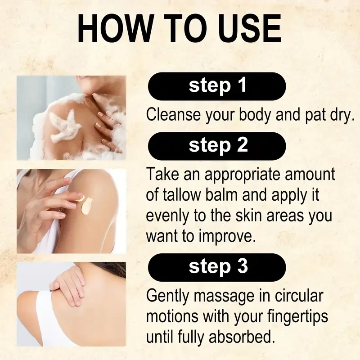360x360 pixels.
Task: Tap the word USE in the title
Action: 250,28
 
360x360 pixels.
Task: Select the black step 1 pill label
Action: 217,86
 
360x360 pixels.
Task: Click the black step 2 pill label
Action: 217,146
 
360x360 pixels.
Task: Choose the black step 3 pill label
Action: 217,267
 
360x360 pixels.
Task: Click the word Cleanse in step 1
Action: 173,114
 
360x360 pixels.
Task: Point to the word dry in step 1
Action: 341,115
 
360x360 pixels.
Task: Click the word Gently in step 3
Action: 167,296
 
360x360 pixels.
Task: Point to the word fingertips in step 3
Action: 297,317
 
